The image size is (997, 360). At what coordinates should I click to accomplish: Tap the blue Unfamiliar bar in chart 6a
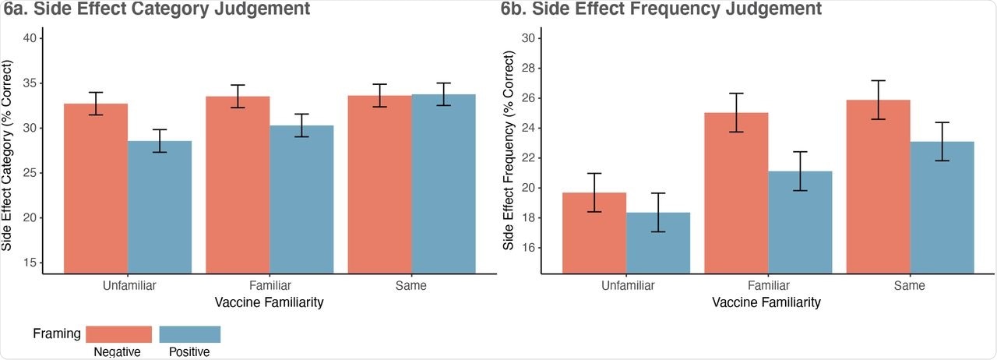tap(160, 206)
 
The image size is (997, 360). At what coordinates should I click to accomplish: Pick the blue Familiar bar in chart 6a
tap(301, 199)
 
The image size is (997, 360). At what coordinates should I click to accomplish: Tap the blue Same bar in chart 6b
tap(942, 207)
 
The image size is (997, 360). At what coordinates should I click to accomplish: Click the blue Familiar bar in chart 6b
tap(800, 222)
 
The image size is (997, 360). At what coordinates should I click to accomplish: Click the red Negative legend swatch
tap(118, 334)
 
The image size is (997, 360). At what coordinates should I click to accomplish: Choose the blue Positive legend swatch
tap(190, 334)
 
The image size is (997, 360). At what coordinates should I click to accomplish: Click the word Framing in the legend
tap(57, 334)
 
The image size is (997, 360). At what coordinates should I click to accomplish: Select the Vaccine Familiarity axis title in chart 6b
tap(766, 302)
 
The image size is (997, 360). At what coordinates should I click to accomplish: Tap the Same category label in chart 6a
tap(411, 285)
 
